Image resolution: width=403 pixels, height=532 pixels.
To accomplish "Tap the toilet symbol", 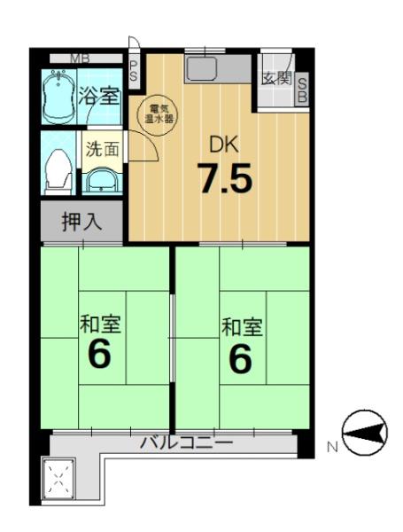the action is [x=58, y=170].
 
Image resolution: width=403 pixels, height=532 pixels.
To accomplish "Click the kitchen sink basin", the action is [x=201, y=68].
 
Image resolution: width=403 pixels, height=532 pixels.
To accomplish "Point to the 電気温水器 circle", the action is [x=157, y=114].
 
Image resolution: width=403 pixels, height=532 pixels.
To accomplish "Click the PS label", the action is [x=134, y=70].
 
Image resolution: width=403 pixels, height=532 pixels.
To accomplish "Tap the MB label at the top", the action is [x=80, y=59].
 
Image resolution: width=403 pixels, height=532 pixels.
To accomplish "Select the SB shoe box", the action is [x=302, y=89].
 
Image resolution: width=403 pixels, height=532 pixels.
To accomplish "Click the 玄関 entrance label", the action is [x=277, y=79].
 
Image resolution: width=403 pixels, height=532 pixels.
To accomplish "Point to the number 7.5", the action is [x=226, y=178].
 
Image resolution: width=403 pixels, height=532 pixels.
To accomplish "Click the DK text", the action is [x=224, y=145].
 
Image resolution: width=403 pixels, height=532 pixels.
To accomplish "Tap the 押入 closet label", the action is [x=81, y=222].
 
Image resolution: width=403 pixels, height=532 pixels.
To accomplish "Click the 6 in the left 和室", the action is [x=100, y=354].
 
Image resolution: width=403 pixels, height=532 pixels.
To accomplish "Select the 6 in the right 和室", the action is [x=240, y=357].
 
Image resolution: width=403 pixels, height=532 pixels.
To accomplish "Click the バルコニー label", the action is [x=187, y=442].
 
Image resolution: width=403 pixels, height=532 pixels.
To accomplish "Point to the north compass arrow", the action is [x=365, y=433].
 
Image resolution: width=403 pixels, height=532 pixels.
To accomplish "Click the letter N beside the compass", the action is [x=332, y=447].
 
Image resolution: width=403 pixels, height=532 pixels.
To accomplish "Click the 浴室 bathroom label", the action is [x=99, y=96].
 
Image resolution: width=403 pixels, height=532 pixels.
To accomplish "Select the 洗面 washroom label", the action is [x=102, y=149].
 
